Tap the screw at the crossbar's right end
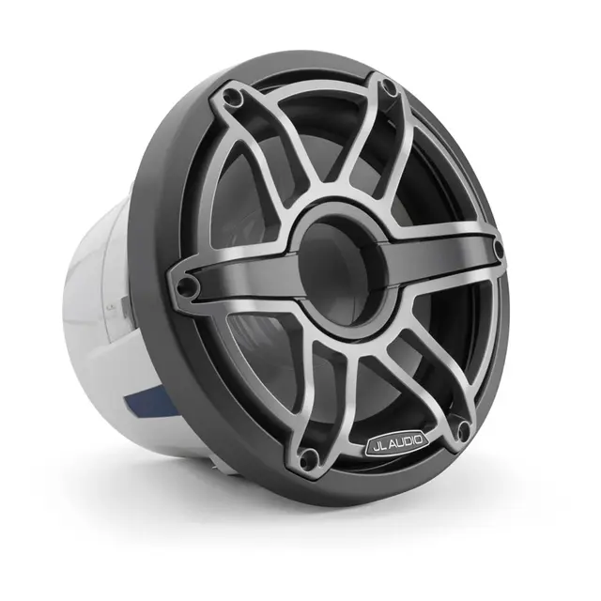[x=498, y=252]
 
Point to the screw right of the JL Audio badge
[x=462, y=431]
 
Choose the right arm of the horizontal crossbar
[x=441, y=255]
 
